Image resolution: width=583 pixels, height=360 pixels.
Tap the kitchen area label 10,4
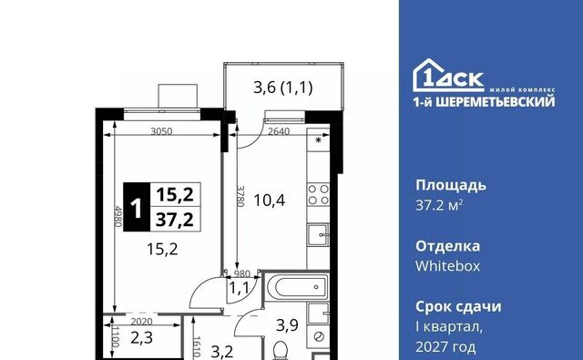pos(270,201)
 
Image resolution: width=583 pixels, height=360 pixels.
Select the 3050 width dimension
pos(161,131)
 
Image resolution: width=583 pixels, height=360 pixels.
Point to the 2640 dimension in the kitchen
pos(279,131)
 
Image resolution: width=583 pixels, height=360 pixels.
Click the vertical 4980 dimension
pos(118,216)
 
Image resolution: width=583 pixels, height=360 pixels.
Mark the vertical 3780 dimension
pos(240,196)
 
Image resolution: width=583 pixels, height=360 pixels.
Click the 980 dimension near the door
pos(241,274)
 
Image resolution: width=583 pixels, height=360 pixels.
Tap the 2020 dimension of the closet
pos(142,322)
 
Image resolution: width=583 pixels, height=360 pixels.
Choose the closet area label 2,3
pos(142,338)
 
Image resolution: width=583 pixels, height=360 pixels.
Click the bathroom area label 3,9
pos(287,325)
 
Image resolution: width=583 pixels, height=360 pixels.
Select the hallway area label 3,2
pos(222,352)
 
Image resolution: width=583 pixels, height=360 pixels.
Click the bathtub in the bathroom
pos(296,287)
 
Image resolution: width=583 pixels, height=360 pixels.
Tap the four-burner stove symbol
pos(318,194)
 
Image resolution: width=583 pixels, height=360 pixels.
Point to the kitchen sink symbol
pos(318,234)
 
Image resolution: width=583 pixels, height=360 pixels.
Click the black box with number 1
pos(137,207)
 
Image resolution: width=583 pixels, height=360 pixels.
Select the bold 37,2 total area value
pos(175,220)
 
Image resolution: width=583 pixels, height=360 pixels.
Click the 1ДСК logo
pos(448,76)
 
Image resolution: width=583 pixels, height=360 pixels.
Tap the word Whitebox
pos(447,266)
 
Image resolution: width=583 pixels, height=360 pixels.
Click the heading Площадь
pos(451,186)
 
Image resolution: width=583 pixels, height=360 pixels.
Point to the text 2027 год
pos(445,347)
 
